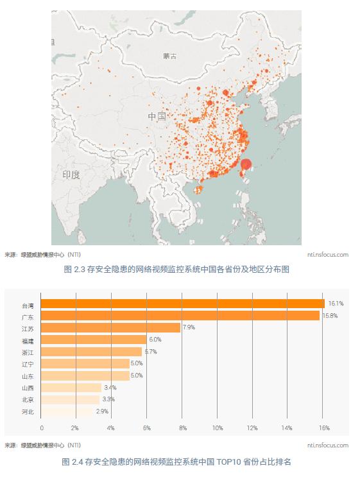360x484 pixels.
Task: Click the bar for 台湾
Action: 183,304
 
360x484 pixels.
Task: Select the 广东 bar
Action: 180,316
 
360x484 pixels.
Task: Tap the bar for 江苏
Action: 110,328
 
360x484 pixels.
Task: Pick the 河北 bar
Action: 67,411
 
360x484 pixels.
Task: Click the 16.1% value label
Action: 336,303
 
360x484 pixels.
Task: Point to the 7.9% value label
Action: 189,327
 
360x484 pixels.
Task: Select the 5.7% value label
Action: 150,352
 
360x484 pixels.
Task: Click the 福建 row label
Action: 28,340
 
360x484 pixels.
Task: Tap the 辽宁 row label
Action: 28,364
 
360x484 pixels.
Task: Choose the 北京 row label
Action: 28,399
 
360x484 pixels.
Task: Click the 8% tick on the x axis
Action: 183,428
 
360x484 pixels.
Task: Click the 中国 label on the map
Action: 157,117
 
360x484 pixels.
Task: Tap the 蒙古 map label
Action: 169,56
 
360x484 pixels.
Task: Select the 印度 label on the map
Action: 71,175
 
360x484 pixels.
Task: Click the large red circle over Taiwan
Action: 245,165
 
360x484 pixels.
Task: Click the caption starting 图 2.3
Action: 177,270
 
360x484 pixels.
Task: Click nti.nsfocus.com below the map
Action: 327,255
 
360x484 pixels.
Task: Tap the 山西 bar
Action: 71,388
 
